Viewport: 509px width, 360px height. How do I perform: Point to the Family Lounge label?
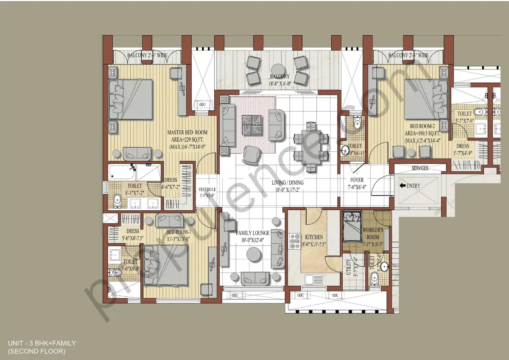(253, 233)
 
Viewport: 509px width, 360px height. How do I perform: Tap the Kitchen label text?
(313, 237)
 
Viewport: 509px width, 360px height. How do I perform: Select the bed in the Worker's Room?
(352, 228)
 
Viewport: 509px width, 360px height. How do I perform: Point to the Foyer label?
(356, 179)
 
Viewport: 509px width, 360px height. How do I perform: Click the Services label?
(420, 168)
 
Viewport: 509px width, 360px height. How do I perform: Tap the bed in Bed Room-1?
(165, 265)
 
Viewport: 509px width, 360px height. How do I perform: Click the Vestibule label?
(207, 190)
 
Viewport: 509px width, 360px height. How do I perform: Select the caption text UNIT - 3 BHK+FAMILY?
(42, 343)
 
